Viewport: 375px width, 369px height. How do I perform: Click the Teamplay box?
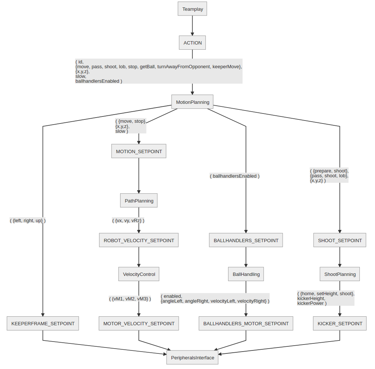[193, 9]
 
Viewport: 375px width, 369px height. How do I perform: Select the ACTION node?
[193, 43]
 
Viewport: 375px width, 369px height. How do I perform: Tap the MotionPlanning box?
[193, 102]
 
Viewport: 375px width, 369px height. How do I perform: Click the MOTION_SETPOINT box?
[139, 151]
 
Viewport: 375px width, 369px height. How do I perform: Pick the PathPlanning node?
[139, 201]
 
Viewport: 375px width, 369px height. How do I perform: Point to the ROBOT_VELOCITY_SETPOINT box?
[139, 240]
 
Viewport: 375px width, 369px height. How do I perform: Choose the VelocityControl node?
[139, 274]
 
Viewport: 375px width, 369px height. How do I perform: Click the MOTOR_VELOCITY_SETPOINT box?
[139, 323]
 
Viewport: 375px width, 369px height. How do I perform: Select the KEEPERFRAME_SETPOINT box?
[43, 323]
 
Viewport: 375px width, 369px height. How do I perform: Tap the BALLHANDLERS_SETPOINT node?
[246, 240]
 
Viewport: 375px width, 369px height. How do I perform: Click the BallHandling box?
[246, 274]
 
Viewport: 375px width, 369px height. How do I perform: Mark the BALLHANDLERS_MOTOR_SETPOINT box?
[246, 323]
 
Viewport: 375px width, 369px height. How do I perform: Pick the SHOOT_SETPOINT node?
[340, 240]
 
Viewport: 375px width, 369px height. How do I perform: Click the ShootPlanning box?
[340, 274]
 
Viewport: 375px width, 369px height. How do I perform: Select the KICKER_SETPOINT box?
[340, 323]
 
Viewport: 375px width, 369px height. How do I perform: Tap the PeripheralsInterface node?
[193, 358]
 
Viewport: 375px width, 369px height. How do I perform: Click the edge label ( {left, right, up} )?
[28, 220]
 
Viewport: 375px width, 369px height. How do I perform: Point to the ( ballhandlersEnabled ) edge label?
[235, 176]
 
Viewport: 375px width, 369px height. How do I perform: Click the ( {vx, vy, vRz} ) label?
[128, 220]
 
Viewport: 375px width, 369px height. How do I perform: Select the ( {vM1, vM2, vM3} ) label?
[130, 299]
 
